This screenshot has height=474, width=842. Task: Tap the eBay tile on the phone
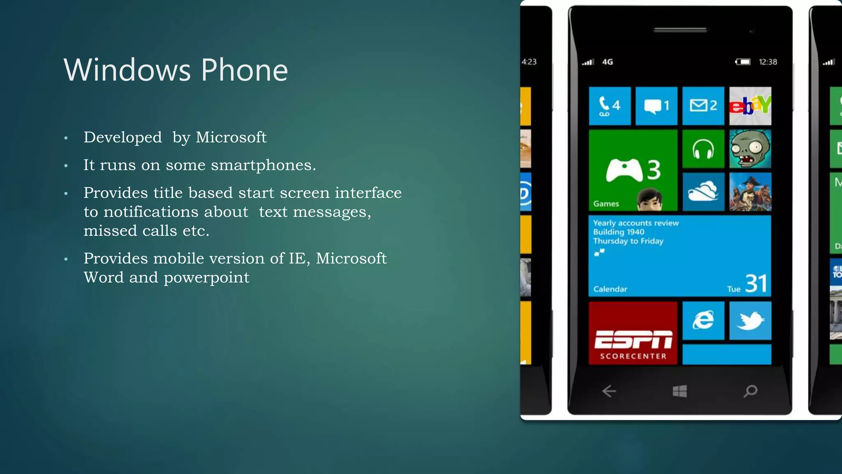(750, 106)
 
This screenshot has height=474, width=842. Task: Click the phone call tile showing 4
(609, 106)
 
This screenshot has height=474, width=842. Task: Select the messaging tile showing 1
(656, 106)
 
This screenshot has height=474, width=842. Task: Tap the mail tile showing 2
(703, 106)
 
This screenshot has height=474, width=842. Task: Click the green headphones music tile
(703, 149)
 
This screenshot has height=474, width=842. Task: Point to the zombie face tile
(750, 149)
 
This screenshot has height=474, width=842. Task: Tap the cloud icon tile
(703, 192)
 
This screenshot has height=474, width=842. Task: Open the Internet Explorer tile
(703, 321)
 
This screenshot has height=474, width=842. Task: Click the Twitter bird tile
(750, 321)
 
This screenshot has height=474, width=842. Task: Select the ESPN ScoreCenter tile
(633, 333)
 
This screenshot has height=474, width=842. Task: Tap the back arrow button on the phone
(609, 391)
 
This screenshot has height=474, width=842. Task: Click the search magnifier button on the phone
(750, 391)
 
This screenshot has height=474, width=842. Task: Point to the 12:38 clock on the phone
(768, 62)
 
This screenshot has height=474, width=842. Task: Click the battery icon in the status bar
(743, 62)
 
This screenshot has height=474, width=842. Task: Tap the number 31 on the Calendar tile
(756, 283)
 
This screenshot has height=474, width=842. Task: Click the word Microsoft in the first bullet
(231, 137)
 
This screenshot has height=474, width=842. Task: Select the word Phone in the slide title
(244, 70)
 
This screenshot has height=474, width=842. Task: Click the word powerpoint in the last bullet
(206, 278)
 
